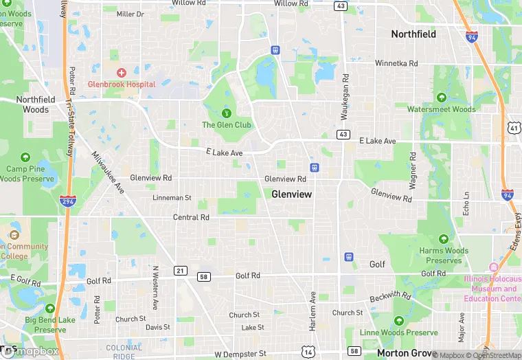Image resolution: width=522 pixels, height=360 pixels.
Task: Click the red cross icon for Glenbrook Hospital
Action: tap(122, 73)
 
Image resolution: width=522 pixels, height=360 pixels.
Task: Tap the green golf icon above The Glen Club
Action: tap(226, 113)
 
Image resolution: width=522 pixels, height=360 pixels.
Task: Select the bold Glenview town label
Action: tap(291, 194)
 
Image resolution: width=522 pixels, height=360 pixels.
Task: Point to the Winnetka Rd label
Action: tap(396, 63)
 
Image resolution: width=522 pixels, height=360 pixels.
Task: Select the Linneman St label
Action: tap(172, 198)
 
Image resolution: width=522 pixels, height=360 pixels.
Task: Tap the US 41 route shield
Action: tap(514, 128)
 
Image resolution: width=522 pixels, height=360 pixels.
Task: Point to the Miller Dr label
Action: tap(130, 14)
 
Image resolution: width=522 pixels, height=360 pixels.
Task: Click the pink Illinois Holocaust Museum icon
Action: tap(492, 267)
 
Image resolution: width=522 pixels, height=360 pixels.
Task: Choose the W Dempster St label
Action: tap(240, 354)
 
